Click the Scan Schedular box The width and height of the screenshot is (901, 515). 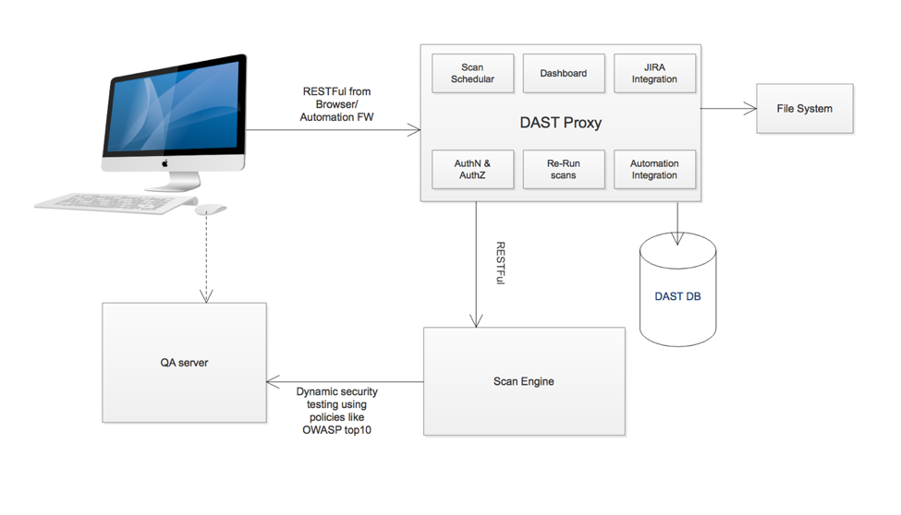click(472, 74)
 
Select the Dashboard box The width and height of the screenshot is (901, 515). click(563, 74)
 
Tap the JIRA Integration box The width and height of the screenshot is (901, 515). click(654, 74)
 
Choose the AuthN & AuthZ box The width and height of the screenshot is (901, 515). click(472, 170)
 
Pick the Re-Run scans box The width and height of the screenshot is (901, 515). click(563, 170)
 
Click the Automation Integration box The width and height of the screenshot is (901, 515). click(654, 170)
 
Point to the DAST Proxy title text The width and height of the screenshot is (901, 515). click(561, 123)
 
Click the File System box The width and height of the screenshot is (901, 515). click(804, 109)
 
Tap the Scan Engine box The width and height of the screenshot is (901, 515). click(524, 381)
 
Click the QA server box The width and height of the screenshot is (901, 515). click(184, 363)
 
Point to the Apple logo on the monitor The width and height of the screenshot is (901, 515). click(166, 163)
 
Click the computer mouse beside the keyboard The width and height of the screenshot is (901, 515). click(210, 210)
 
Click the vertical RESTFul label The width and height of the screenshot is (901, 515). click(500, 263)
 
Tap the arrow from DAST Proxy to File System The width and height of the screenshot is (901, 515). click(728, 109)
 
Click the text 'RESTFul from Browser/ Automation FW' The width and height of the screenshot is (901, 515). click(336, 104)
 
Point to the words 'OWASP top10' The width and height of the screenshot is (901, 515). click(336, 430)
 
